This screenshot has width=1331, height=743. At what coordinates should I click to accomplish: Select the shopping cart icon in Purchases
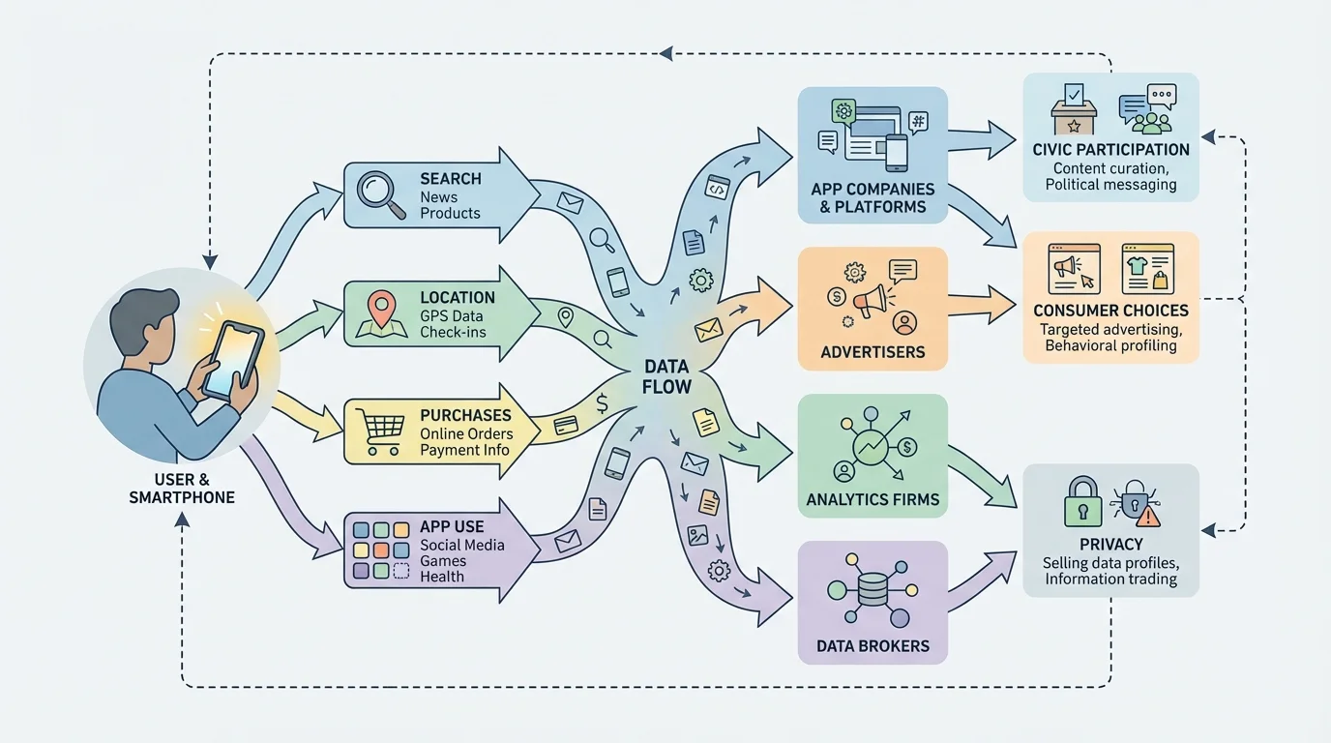click(x=378, y=431)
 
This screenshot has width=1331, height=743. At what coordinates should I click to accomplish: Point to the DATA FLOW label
click(x=667, y=377)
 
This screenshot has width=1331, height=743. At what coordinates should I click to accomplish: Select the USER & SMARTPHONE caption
click(x=182, y=489)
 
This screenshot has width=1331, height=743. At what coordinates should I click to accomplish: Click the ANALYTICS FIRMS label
click(x=873, y=500)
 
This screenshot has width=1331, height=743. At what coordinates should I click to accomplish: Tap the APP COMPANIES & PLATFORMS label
click(x=873, y=197)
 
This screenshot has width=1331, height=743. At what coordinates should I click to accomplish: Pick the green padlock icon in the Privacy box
click(x=1082, y=501)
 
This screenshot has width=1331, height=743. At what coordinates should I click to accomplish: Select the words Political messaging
click(x=1110, y=185)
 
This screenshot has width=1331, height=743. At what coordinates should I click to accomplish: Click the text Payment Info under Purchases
click(x=464, y=450)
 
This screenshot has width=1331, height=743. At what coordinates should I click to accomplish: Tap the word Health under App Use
click(x=442, y=577)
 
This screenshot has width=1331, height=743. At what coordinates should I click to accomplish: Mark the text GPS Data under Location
click(x=451, y=316)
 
